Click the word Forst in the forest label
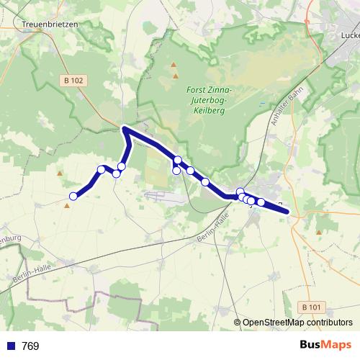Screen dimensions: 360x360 [197, 89]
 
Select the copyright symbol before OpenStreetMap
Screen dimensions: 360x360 [237, 323]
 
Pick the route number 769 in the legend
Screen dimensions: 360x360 [30, 346]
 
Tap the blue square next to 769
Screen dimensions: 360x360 [11, 346]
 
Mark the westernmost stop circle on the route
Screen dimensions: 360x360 [73, 197]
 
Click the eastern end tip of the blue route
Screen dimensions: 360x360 [288, 212]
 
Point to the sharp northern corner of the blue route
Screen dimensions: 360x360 [125, 129]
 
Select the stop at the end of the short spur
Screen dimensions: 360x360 [176, 171]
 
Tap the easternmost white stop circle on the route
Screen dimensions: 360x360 [261, 202]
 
